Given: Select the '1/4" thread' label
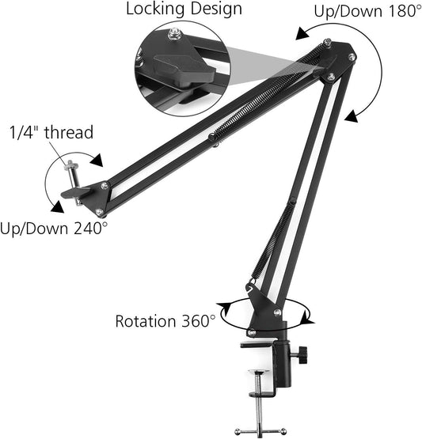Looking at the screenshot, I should point(51,132).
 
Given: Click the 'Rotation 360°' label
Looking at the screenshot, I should point(165,321).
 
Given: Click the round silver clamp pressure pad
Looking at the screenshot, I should point(263,371).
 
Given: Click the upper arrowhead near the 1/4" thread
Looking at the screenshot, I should point(97,161).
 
